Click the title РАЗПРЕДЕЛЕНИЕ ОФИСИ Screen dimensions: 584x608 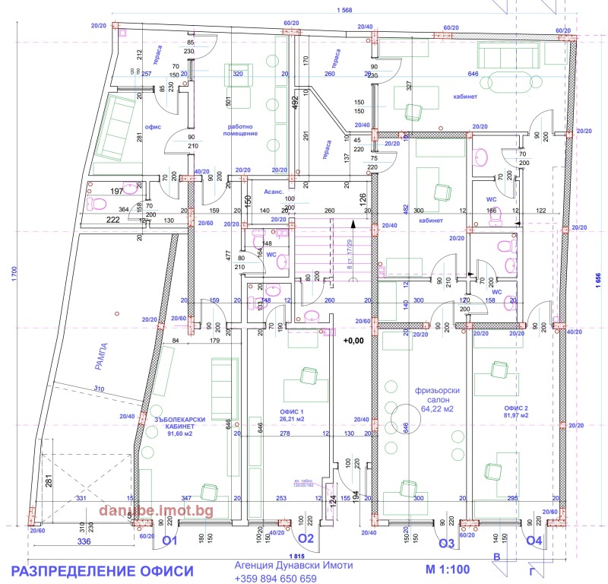pos(103,570)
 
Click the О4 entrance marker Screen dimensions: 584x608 pos(536,541)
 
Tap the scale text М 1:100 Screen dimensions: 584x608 pos(447,569)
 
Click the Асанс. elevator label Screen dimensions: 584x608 pos(273,193)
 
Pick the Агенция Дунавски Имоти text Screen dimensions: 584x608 pos(274,567)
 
